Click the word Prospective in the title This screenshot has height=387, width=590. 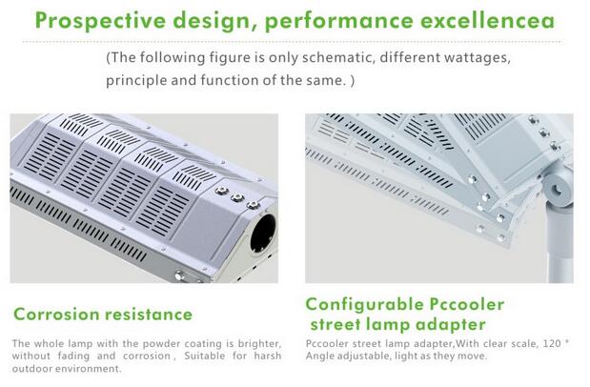[100, 21]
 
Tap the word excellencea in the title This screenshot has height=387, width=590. [487, 20]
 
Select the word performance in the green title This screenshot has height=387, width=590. [338, 21]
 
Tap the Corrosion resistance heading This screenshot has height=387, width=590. [103, 314]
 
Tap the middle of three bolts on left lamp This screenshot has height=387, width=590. [237, 197]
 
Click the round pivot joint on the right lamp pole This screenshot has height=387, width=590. [557, 188]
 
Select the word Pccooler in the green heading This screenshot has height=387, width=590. [467, 305]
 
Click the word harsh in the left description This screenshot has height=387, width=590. [267, 356]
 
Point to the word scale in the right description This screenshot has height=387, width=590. [521, 343]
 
